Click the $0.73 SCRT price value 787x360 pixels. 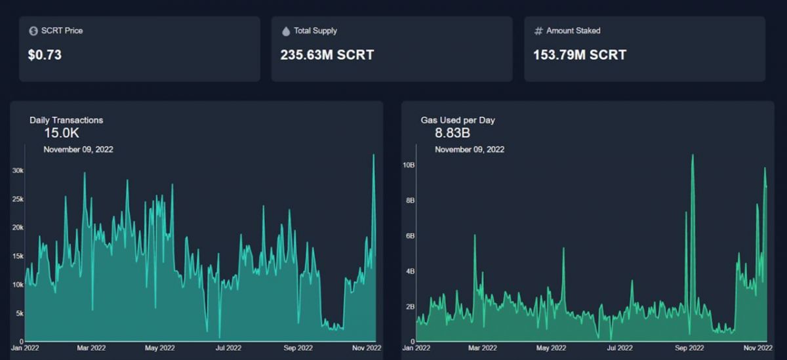tap(45, 55)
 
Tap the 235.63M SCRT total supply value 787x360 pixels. tap(327, 55)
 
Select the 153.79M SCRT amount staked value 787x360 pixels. tap(579, 55)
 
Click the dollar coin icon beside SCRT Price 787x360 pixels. tap(33, 31)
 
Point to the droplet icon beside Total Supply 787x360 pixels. tap(286, 31)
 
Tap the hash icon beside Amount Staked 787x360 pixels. tap(538, 31)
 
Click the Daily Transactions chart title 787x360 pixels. tap(66, 120)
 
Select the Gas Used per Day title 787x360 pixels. tap(458, 120)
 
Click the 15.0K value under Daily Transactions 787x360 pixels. tap(62, 133)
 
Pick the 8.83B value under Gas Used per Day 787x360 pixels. tap(453, 133)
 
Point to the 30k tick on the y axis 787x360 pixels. tap(18, 170)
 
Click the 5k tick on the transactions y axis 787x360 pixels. tap(20, 313)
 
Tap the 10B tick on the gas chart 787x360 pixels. tap(408, 165)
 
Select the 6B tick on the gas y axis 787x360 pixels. tap(409, 235)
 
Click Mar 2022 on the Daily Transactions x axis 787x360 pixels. tap(92, 348)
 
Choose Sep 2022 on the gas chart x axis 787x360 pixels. tap(689, 348)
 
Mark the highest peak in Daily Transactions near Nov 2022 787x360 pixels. tap(373, 155)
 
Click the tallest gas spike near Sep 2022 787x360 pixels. tap(692, 155)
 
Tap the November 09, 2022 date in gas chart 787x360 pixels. tap(470, 150)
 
